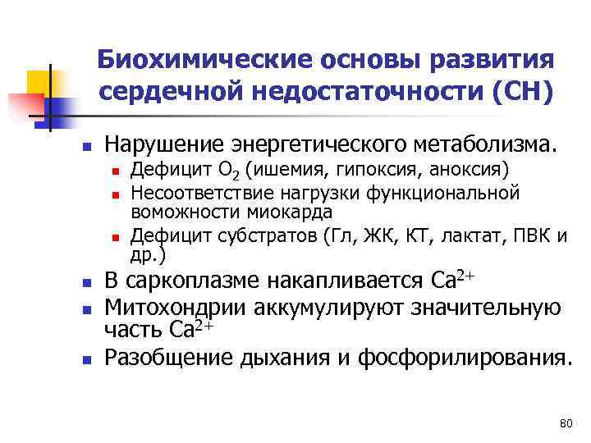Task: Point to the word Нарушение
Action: coord(166,145)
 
